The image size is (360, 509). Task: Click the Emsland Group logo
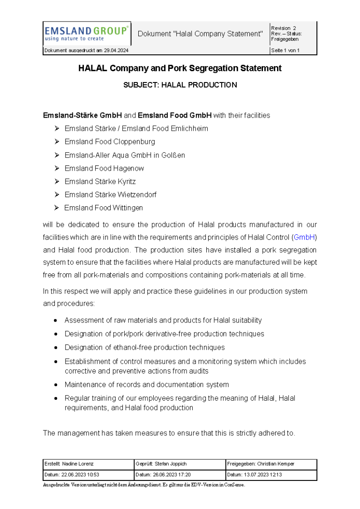[86, 33]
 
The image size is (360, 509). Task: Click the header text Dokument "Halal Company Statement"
[200, 34]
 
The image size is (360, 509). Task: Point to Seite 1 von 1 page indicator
[285, 51]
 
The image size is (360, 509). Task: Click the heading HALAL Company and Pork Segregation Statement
[180, 68]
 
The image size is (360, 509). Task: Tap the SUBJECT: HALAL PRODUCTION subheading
[180, 85]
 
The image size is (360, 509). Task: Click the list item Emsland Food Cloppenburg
[110, 142]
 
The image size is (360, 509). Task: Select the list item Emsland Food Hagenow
[104, 168]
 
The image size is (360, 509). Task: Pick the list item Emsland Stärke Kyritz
[100, 181]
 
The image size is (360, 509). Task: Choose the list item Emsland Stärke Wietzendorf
[110, 195]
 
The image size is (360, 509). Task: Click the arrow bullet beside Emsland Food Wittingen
[56, 208]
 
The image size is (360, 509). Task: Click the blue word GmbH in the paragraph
[303, 238]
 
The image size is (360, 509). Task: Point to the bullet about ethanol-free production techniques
[144, 347]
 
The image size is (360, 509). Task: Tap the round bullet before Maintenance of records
[56, 385]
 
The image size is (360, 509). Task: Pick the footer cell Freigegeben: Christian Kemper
[261, 464]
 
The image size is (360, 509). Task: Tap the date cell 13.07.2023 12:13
[255, 475]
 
